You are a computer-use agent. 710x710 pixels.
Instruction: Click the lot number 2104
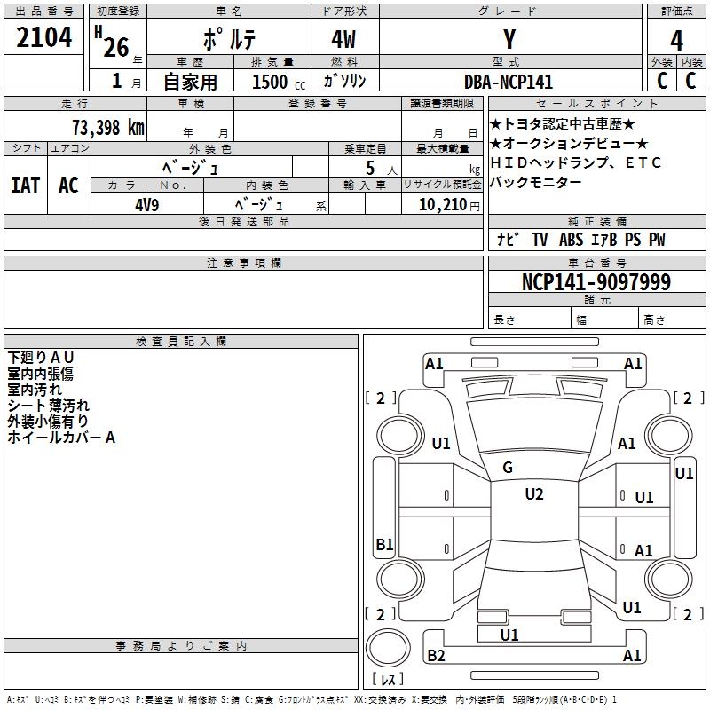(43, 38)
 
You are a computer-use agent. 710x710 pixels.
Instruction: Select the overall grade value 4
(676, 41)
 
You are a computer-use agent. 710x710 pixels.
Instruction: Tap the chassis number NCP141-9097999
(596, 283)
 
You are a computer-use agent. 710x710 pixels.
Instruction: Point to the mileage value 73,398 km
(107, 127)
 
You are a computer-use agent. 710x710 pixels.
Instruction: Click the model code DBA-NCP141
(508, 82)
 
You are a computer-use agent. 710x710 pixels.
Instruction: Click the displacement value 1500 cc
(276, 82)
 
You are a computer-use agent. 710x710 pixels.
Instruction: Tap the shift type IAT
(25, 185)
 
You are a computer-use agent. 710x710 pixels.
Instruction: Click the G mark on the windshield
(508, 468)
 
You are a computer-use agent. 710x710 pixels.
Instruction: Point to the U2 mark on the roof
(533, 494)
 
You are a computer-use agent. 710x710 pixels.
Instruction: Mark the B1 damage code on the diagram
(384, 545)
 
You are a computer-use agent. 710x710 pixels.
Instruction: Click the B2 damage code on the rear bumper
(436, 656)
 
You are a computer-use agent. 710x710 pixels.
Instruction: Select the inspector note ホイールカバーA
(61, 437)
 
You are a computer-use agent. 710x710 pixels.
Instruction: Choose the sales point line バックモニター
(536, 182)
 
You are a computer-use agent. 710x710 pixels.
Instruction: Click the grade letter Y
(509, 41)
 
